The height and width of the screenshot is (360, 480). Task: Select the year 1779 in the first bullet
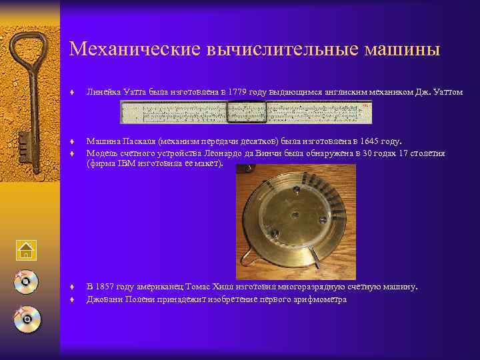238,91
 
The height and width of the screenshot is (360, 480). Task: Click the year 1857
105,287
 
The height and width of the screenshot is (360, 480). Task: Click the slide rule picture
245,112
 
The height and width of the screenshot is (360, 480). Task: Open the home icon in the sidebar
25,250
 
